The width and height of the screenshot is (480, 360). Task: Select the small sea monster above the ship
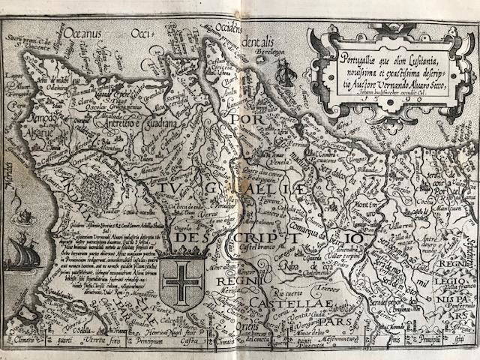pyautogui.click(x=27, y=216)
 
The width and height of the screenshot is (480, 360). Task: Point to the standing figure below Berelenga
pyautogui.click(x=283, y=70)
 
